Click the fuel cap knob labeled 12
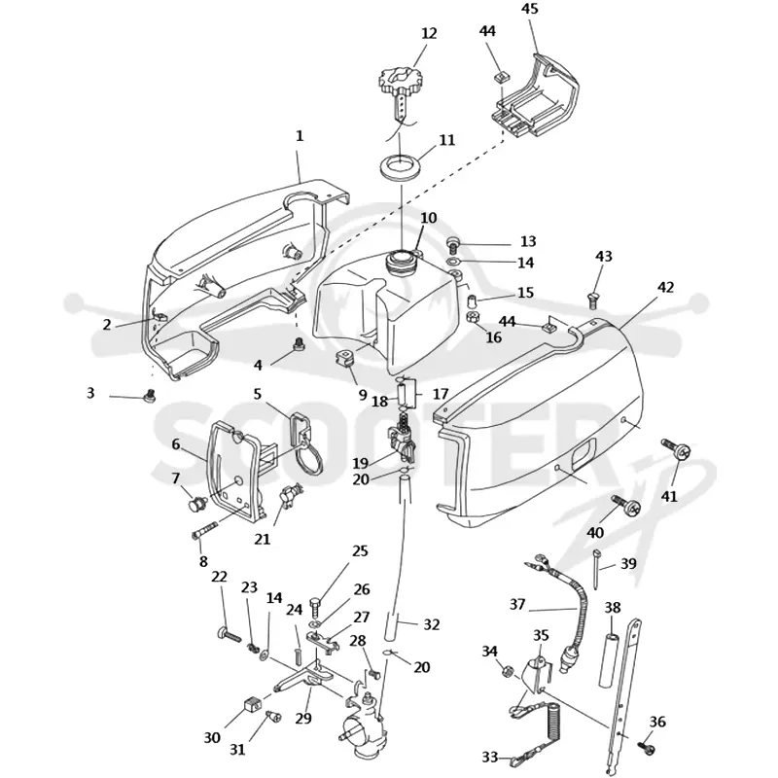[x=401, y=84]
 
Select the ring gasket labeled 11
[x=401, y=165]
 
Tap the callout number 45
[x=529, y=9]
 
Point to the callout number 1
[x=300, y=136]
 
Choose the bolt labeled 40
[x=626, y=504]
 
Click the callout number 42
[x=665, y=287]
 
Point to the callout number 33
[x=490, y=758]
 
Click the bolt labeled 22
[x=229, y=634]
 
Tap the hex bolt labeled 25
[x=316, y=608]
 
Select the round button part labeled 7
[x=196, y=505]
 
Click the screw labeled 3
[x=149, y=397]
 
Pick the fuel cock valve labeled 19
[x=403, y=436]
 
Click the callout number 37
[x=517, y=604]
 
